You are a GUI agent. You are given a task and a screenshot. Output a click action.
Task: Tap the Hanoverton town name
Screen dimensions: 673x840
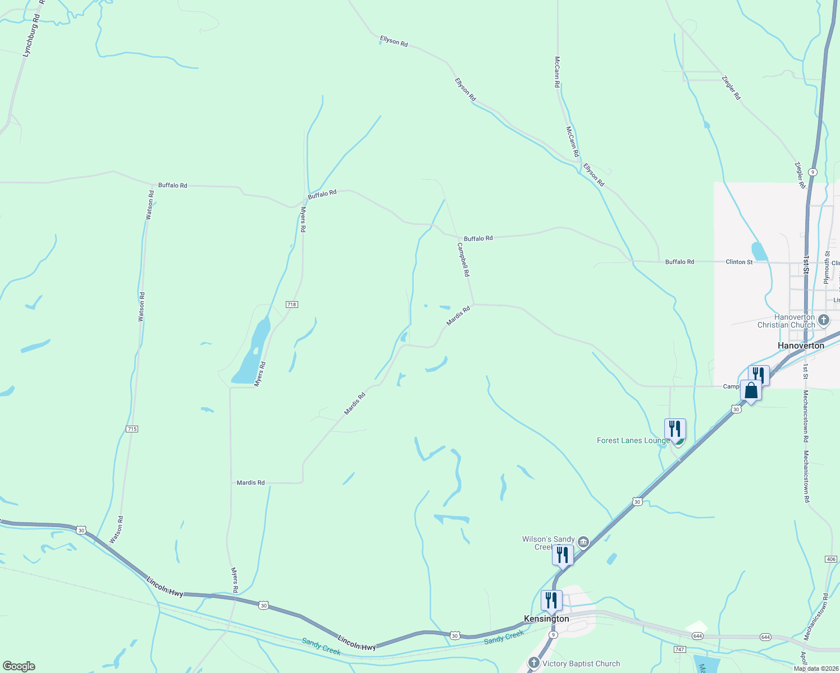tap(801, 345)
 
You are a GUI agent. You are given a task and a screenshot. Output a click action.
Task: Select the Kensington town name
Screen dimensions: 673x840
tap(546, 619)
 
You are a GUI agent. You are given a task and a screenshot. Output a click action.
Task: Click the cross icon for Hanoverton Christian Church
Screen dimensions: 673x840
tap(824, 320)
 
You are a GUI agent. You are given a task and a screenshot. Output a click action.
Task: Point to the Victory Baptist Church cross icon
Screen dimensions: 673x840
tap(534, 663)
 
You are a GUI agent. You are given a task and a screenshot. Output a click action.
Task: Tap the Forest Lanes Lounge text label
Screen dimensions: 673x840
tap(633, 440)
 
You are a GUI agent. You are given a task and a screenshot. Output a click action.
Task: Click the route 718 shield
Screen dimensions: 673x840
tap(291, 305)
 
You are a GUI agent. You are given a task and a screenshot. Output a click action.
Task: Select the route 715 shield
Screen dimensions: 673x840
tap(132, 429)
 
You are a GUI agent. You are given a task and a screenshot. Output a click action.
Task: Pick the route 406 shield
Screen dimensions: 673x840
tap(831, 559)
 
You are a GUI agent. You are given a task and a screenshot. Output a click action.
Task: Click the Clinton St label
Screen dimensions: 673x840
tap(739, 262)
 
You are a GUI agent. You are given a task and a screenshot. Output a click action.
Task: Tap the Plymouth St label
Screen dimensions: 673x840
tap(827, 268)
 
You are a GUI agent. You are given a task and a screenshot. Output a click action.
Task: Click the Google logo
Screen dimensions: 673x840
tap(19, 666)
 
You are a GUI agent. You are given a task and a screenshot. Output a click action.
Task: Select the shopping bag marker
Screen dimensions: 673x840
tap(751, 390)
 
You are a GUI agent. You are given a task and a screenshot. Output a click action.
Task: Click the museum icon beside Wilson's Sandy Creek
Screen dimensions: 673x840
tap(583, 542)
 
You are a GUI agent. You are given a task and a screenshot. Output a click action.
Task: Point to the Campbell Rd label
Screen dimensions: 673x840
tap(463, 260)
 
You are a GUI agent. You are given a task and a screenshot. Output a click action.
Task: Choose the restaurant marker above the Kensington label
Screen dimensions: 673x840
tap(551, 601)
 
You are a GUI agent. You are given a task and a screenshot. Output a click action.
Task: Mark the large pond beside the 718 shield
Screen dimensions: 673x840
tap(253, 353)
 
